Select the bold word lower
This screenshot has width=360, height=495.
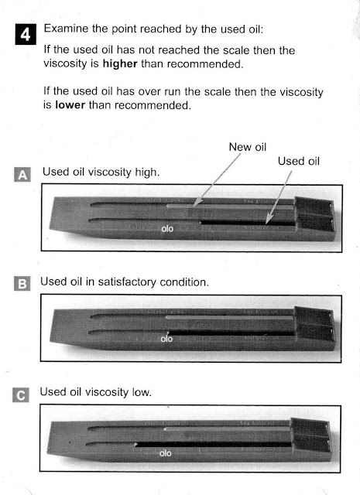pos(69,106)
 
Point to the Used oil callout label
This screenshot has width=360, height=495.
pos(297,162)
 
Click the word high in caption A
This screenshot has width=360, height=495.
pos(147,172)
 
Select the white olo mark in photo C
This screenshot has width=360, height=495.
pos(165,452)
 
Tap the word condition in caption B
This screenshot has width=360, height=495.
pos(183,282)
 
